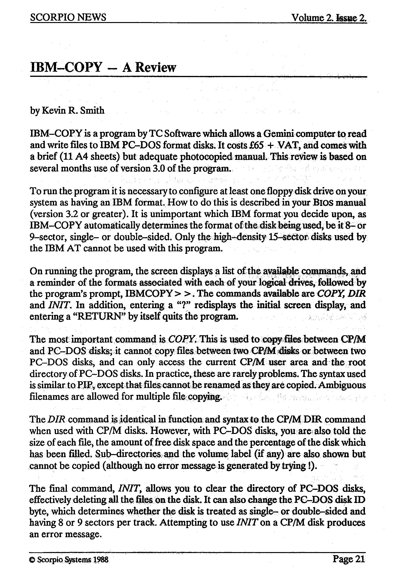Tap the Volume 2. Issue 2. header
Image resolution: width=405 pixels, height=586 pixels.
pos(329,18)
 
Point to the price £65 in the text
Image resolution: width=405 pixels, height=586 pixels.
pos(254,145)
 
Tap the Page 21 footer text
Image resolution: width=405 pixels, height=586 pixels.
pos(349,559)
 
